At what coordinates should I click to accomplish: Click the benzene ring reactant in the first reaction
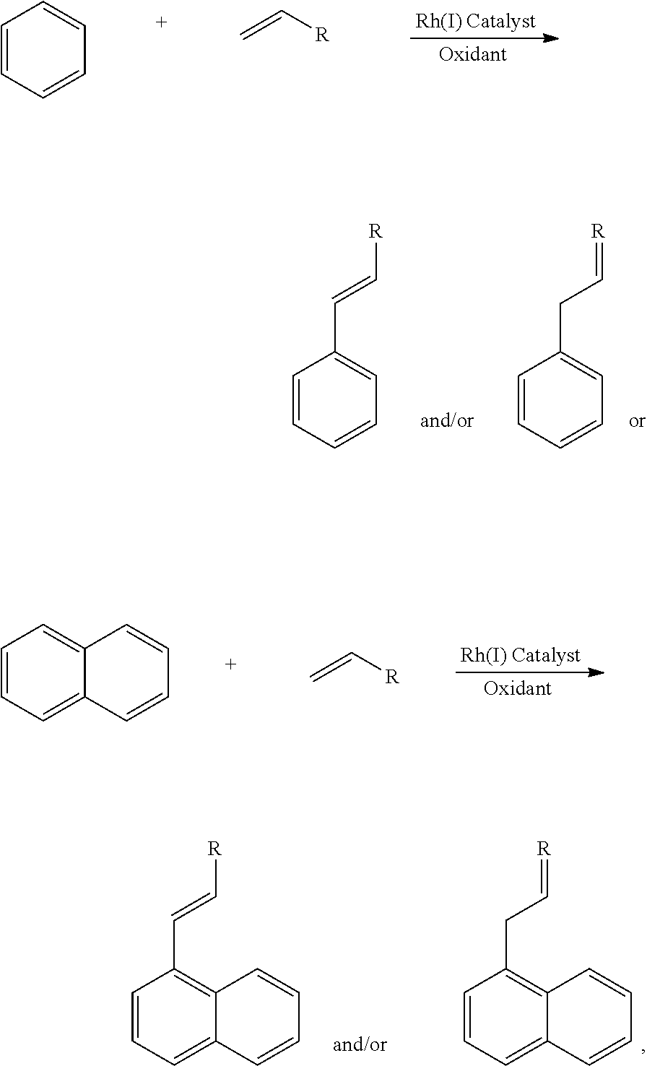click(x=43, y=49)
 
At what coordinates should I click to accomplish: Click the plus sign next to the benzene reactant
click(x=161, y=22)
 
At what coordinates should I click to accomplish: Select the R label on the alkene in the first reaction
click(x=322, y=35)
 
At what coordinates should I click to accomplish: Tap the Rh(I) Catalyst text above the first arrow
click(x=475, y=21)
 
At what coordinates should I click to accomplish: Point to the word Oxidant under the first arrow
click(x=473, y=55)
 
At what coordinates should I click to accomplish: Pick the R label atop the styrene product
click(x=375, y=232)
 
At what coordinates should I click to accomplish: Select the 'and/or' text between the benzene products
click(x=447, y=421)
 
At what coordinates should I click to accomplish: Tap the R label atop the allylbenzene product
click(x=597, y=232)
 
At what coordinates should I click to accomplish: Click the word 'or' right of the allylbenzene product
click(x=636, y=421)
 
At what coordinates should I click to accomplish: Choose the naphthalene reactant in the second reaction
click(x=85, y=672)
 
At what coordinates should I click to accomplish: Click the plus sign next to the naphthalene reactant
click(x=231, y=664)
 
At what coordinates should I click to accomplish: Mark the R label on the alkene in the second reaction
click(x=391, y=677)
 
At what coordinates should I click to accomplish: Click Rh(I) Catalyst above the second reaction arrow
click(x=521, y=655)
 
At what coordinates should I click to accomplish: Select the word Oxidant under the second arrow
click(x=518, y=689)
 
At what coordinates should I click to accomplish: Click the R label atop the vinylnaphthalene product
click(x=214, y=849)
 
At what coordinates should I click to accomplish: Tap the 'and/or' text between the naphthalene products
click(x=360, y=1044)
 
